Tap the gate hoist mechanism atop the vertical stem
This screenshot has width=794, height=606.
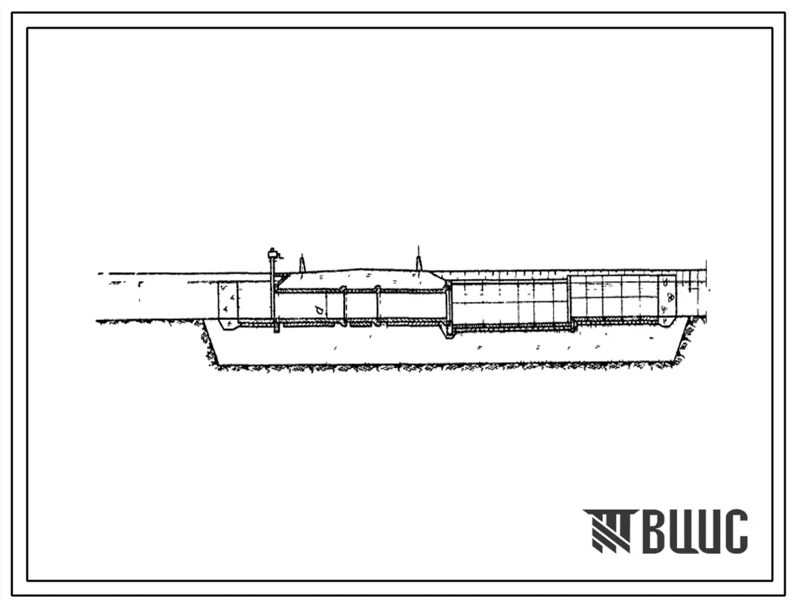click(273, 252)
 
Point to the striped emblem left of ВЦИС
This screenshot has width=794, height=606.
click(608, 531)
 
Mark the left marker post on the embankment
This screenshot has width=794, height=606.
click(301, 264)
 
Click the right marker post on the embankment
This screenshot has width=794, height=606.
click(418, 262)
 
